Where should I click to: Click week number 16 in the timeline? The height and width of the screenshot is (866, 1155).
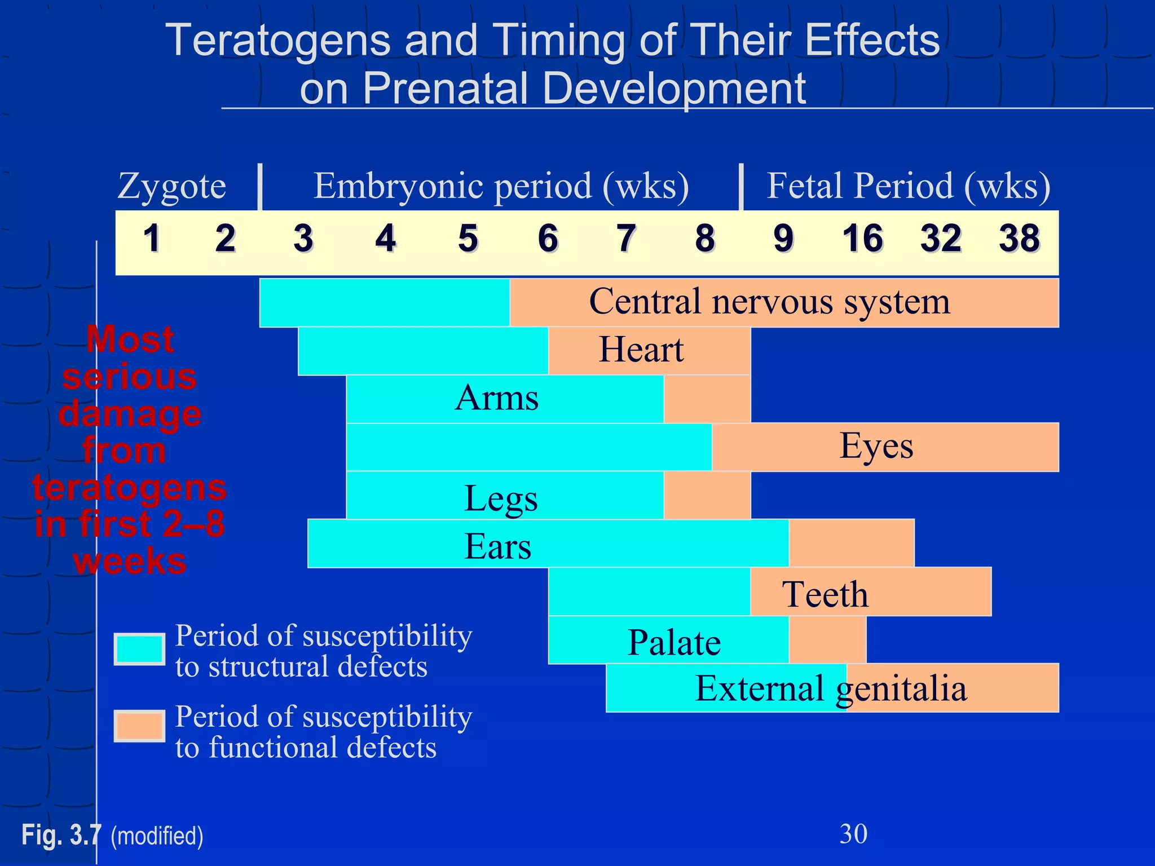pos(862,238)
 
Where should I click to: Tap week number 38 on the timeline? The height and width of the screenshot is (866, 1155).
pos(1019,238)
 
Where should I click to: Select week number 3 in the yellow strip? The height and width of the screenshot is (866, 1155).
pos(303,238)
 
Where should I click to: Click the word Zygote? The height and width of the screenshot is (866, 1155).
pos(171,186)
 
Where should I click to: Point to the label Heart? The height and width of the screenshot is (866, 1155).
pos(641,350)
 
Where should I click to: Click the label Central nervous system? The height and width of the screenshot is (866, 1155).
pos(769,302)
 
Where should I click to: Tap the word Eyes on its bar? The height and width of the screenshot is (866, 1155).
pos(876,446)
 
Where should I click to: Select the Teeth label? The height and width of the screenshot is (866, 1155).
pos(825,594)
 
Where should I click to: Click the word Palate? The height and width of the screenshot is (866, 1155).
pos(674,642)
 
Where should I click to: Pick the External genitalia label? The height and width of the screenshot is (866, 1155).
pos(831,688)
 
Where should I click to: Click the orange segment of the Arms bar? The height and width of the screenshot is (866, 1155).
pos(707,399)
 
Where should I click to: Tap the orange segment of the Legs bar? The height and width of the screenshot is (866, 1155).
pos(707,495)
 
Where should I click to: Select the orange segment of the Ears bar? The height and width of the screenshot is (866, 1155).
pos(851,543)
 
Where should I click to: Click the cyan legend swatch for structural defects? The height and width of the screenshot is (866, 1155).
pos(139,649)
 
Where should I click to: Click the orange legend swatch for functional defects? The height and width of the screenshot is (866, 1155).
pos(139,726)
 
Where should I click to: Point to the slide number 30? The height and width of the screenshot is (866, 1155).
pos(853,834)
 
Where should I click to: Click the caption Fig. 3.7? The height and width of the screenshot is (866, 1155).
pos(61,835)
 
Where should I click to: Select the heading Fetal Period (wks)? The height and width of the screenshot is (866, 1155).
pos(908,186)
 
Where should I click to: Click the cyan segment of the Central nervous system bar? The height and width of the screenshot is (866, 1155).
pos(384,302)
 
